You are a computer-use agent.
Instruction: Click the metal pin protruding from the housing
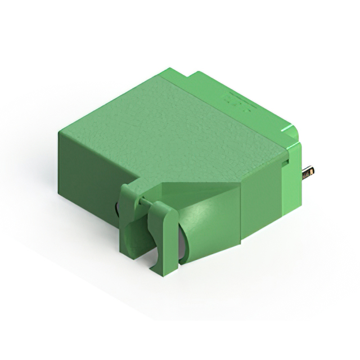click(x=308, y=172)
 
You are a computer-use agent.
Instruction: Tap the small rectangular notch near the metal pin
click(x=285, y=163)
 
